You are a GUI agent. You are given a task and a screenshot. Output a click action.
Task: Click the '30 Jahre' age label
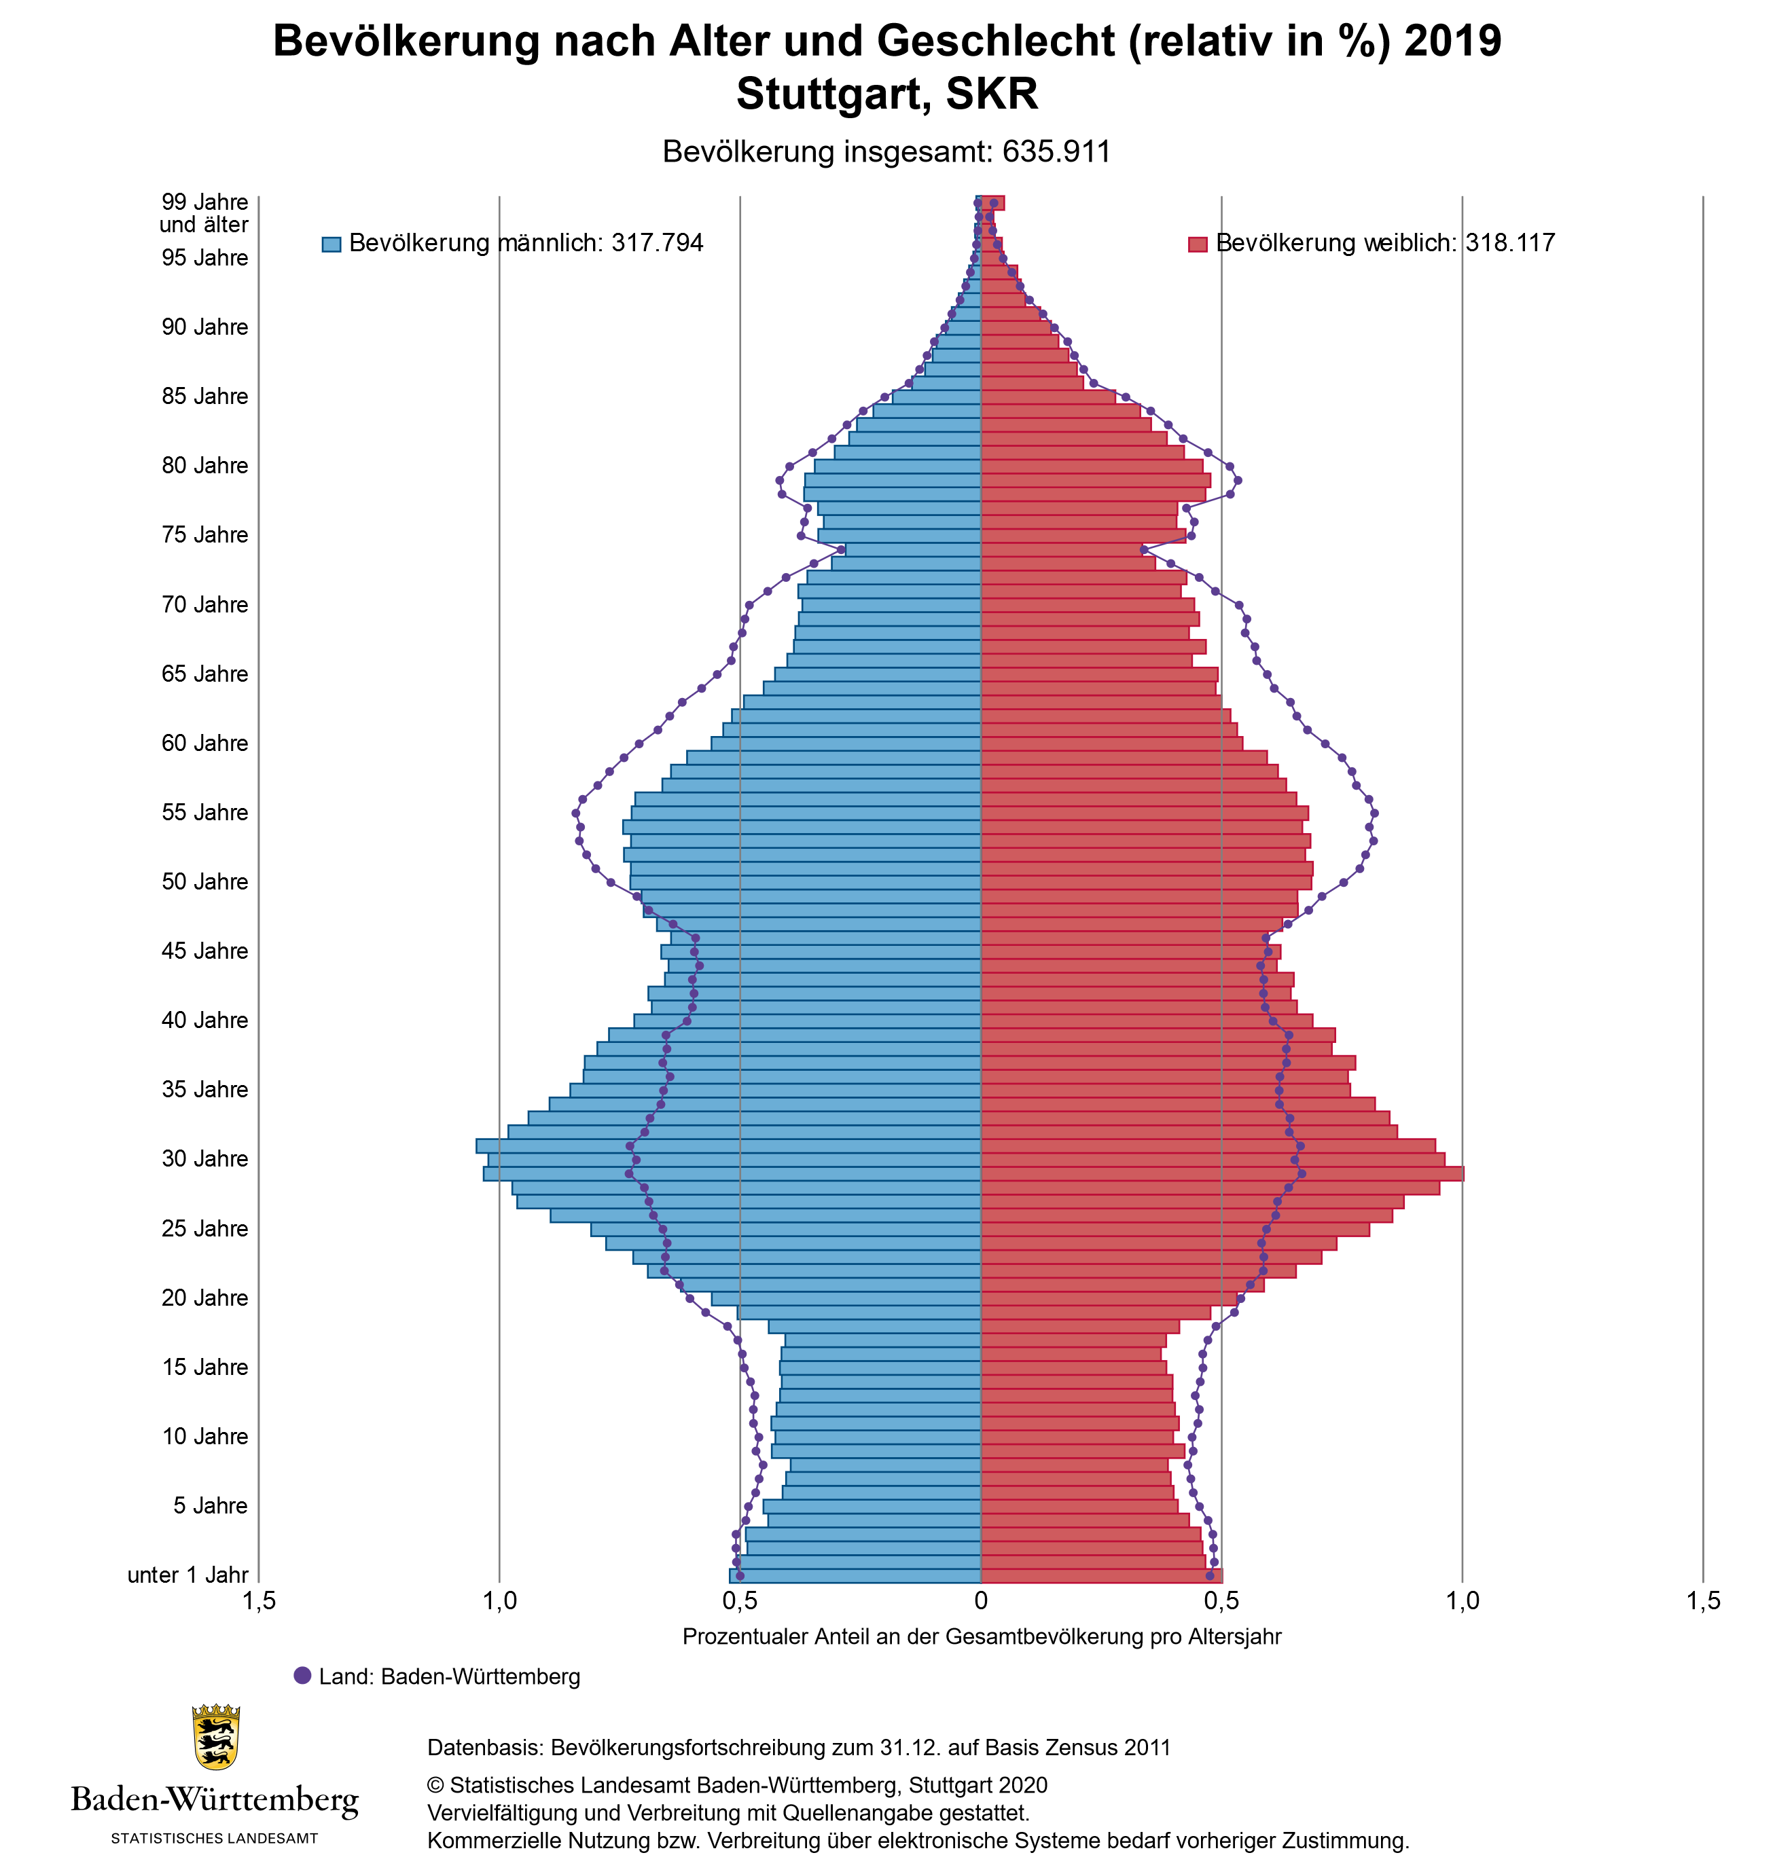tap(204, 1159)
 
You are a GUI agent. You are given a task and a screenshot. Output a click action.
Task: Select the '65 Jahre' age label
tap(204, 674)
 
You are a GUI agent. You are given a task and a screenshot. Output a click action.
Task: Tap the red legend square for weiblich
tap(1197, 244)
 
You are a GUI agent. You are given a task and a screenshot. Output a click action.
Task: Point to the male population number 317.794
tap(658, 243)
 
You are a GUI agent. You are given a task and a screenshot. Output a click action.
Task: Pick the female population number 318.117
tap(1510, 243)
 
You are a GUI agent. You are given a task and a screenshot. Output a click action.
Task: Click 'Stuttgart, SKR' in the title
tap(886, 94)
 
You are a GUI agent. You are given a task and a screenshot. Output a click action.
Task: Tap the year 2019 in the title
tap(1452, 41)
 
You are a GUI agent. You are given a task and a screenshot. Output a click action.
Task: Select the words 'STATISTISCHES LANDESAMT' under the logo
tap(215, 1838)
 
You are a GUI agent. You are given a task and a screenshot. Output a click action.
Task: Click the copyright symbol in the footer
tap(435, 1785)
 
